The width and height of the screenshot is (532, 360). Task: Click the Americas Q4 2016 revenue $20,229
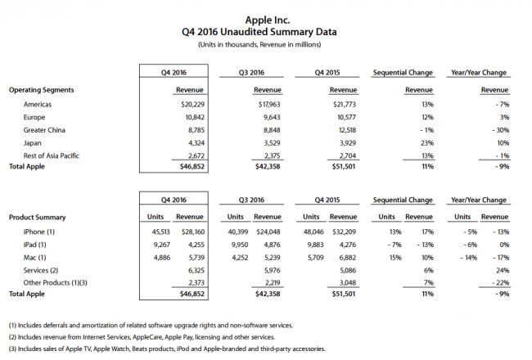(x=192, y=105)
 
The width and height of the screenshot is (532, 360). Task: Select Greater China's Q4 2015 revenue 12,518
(x=345, y=130)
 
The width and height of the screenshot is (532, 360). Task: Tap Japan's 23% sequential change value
(x=427, y=143)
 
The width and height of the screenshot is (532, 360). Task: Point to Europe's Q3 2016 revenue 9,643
(x=270, y=117)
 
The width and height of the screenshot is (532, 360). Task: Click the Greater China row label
(x=44, y=130)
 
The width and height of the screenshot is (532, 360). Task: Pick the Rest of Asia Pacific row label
(x=51, y=155)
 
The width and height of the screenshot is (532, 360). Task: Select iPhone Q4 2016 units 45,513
(x=160, y=232)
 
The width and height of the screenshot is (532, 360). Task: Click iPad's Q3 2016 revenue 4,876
(x=272, y=245)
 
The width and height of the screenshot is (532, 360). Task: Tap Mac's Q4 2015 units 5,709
(x=316, y=258)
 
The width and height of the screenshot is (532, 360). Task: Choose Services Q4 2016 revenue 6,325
(x=196, y=271)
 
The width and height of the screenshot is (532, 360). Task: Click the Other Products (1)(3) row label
(x=55, y=283)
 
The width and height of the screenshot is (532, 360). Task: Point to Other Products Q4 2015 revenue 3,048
(x=348, y=283)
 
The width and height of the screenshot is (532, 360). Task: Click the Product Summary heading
(x=38, y=218)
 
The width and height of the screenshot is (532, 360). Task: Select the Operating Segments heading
(x=41, y=90)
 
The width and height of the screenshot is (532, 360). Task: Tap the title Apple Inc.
(x=268, y=20)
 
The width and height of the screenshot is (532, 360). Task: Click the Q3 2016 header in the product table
(x=251, y=200)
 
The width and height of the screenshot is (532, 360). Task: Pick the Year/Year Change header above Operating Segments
(x=479, y=73)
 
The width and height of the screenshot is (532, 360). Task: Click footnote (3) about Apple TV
(x=167, y=349)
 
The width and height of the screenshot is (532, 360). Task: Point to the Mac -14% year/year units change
(x=468, y=258)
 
